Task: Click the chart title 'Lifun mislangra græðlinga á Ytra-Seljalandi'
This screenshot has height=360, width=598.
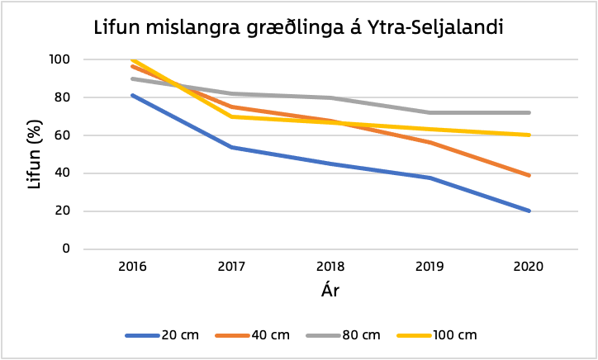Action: [298, 28]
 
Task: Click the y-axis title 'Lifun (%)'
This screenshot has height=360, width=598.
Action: [34, 154]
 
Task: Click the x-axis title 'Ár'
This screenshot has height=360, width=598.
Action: [330, 291]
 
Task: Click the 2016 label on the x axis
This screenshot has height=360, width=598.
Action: [132, 268]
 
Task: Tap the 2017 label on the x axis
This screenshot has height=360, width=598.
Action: [231, 268]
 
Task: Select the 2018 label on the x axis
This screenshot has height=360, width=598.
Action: [330, 268]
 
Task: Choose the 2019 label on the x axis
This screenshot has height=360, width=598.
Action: [430, 268]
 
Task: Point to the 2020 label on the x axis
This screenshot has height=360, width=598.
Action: [529, 268]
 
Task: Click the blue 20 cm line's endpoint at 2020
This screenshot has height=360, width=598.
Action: [529, 211]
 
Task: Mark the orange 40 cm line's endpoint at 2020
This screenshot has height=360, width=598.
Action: [529, 175]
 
